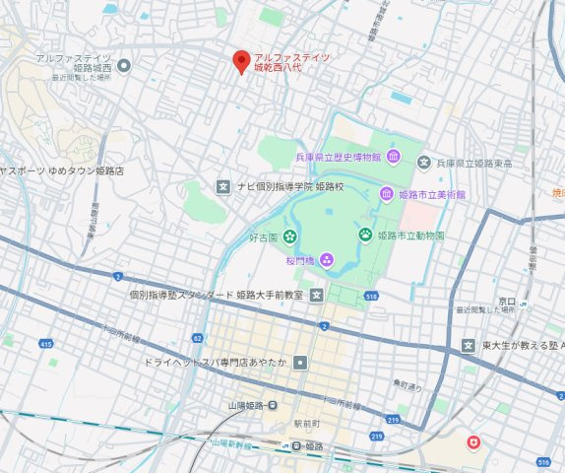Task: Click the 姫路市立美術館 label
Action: (x=432, y=195)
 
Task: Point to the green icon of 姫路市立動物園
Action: (x=365, y=236)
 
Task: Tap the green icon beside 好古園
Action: (x=289, y=236)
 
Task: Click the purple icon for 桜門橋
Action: (x=326, y=260)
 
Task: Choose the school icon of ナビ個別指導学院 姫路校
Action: (x=223, y=186)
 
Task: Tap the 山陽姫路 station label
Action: (x=240, y=406)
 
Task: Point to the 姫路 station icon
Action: (x=294, y=446)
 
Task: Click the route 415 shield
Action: (x=46, y=343)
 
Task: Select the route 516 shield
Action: (x=544, y=461)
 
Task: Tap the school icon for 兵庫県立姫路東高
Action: (x=423, y=163)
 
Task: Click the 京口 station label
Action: (x=507, y=300)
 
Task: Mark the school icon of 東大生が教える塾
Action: (x=469, y=345)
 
